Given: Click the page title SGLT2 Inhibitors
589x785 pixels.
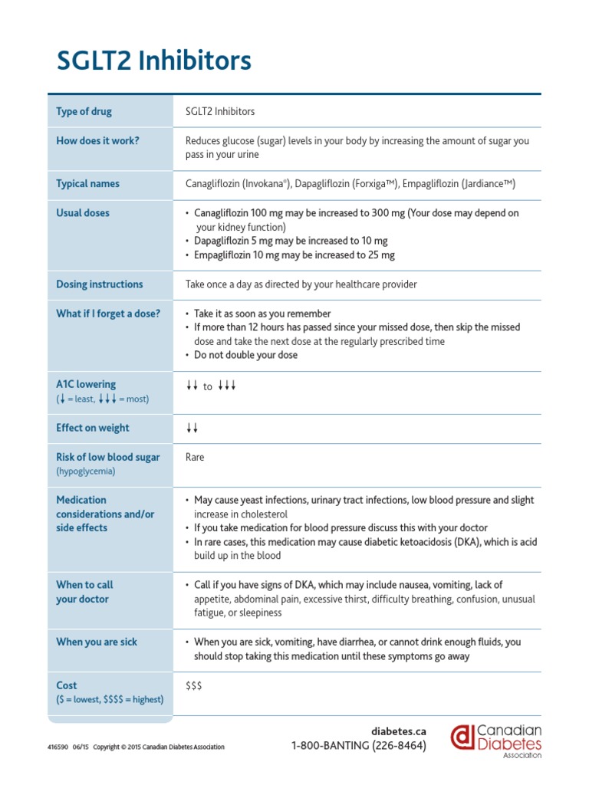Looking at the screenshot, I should pos(153,61).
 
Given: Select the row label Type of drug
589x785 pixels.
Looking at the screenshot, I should pos(84,111).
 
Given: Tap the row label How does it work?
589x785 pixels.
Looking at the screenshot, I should pos(97,140).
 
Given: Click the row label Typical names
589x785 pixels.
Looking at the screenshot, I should pos(87,184).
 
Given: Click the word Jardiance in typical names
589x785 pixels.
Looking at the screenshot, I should pos(487,184).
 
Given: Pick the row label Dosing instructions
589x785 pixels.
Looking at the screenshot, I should pos(99,284).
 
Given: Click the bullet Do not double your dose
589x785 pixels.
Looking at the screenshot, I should pos(245,355).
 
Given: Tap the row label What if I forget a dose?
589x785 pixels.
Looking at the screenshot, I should pos(108,314).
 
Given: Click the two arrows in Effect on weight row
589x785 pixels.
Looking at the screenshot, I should pos(192,429).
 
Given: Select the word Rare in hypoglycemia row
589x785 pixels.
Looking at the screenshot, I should pos(195,458).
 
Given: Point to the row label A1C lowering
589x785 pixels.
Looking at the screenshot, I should pos(86,384).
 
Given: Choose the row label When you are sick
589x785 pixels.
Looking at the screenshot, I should pos(97,642).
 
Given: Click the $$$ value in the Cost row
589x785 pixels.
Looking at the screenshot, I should pos(194,685).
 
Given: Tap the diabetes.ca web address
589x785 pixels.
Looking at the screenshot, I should pos(398,731).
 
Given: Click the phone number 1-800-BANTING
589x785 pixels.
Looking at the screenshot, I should pos(358,746).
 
